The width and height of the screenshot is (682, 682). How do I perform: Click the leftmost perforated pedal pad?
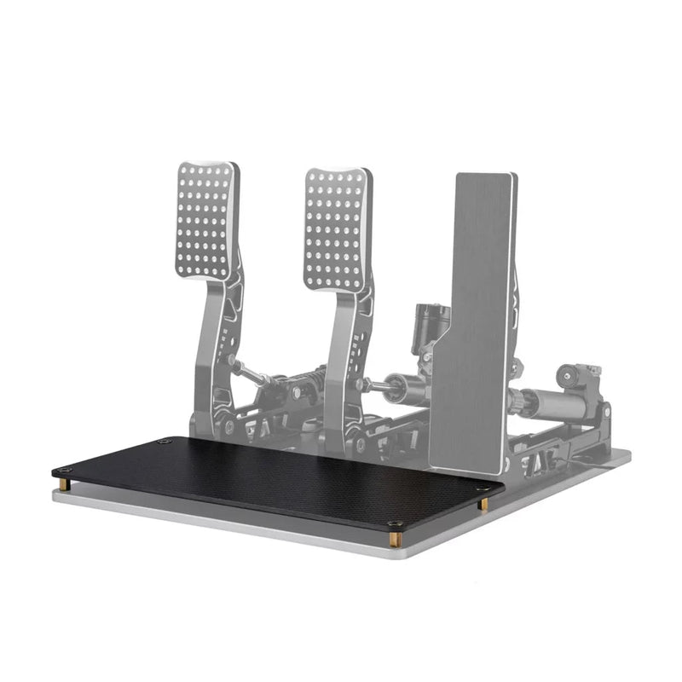[206, 220]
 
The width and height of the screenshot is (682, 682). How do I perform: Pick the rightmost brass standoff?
[483, 505]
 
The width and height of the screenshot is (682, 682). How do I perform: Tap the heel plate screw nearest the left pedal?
[165, 442]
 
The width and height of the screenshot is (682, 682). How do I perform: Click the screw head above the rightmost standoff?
[483, 490]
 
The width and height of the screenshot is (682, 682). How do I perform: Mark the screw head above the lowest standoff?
[394, 523]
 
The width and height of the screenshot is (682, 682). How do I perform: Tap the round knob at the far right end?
[568, 376]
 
